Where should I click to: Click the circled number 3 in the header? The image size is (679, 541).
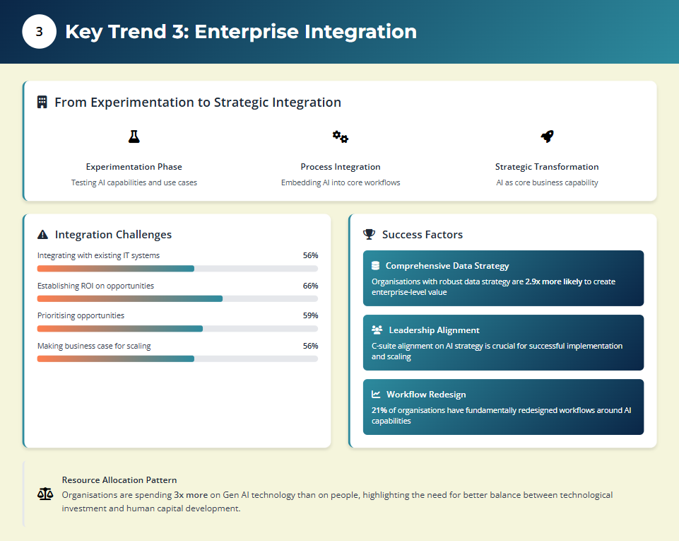tap(39, 32)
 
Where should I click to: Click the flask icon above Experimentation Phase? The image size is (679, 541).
tap(134, 136)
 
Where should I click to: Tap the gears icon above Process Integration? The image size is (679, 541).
tap(341, 136)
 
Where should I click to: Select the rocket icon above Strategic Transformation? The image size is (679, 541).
tap(547, 136)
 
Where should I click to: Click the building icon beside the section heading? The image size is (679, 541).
tap(42, 103)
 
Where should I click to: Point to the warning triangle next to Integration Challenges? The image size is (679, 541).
tap(43, 235)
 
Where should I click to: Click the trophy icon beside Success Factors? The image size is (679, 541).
tap(369, 234)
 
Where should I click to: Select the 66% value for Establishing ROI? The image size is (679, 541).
tap(310, 286)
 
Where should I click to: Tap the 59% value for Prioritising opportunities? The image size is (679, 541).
tap(310, 315)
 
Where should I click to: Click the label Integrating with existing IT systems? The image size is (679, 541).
tap(98, 255)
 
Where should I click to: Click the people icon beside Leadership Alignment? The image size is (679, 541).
tap(377, 330)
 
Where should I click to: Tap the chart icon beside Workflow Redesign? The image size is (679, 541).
tap(377, 395)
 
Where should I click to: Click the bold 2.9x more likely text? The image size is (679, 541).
tap(553, 281)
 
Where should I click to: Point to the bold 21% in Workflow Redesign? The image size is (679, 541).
tap(379, 410)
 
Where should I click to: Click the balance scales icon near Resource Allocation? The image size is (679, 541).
tap(45, 494)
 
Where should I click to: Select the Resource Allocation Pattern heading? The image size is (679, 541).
tap(119, 480)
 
